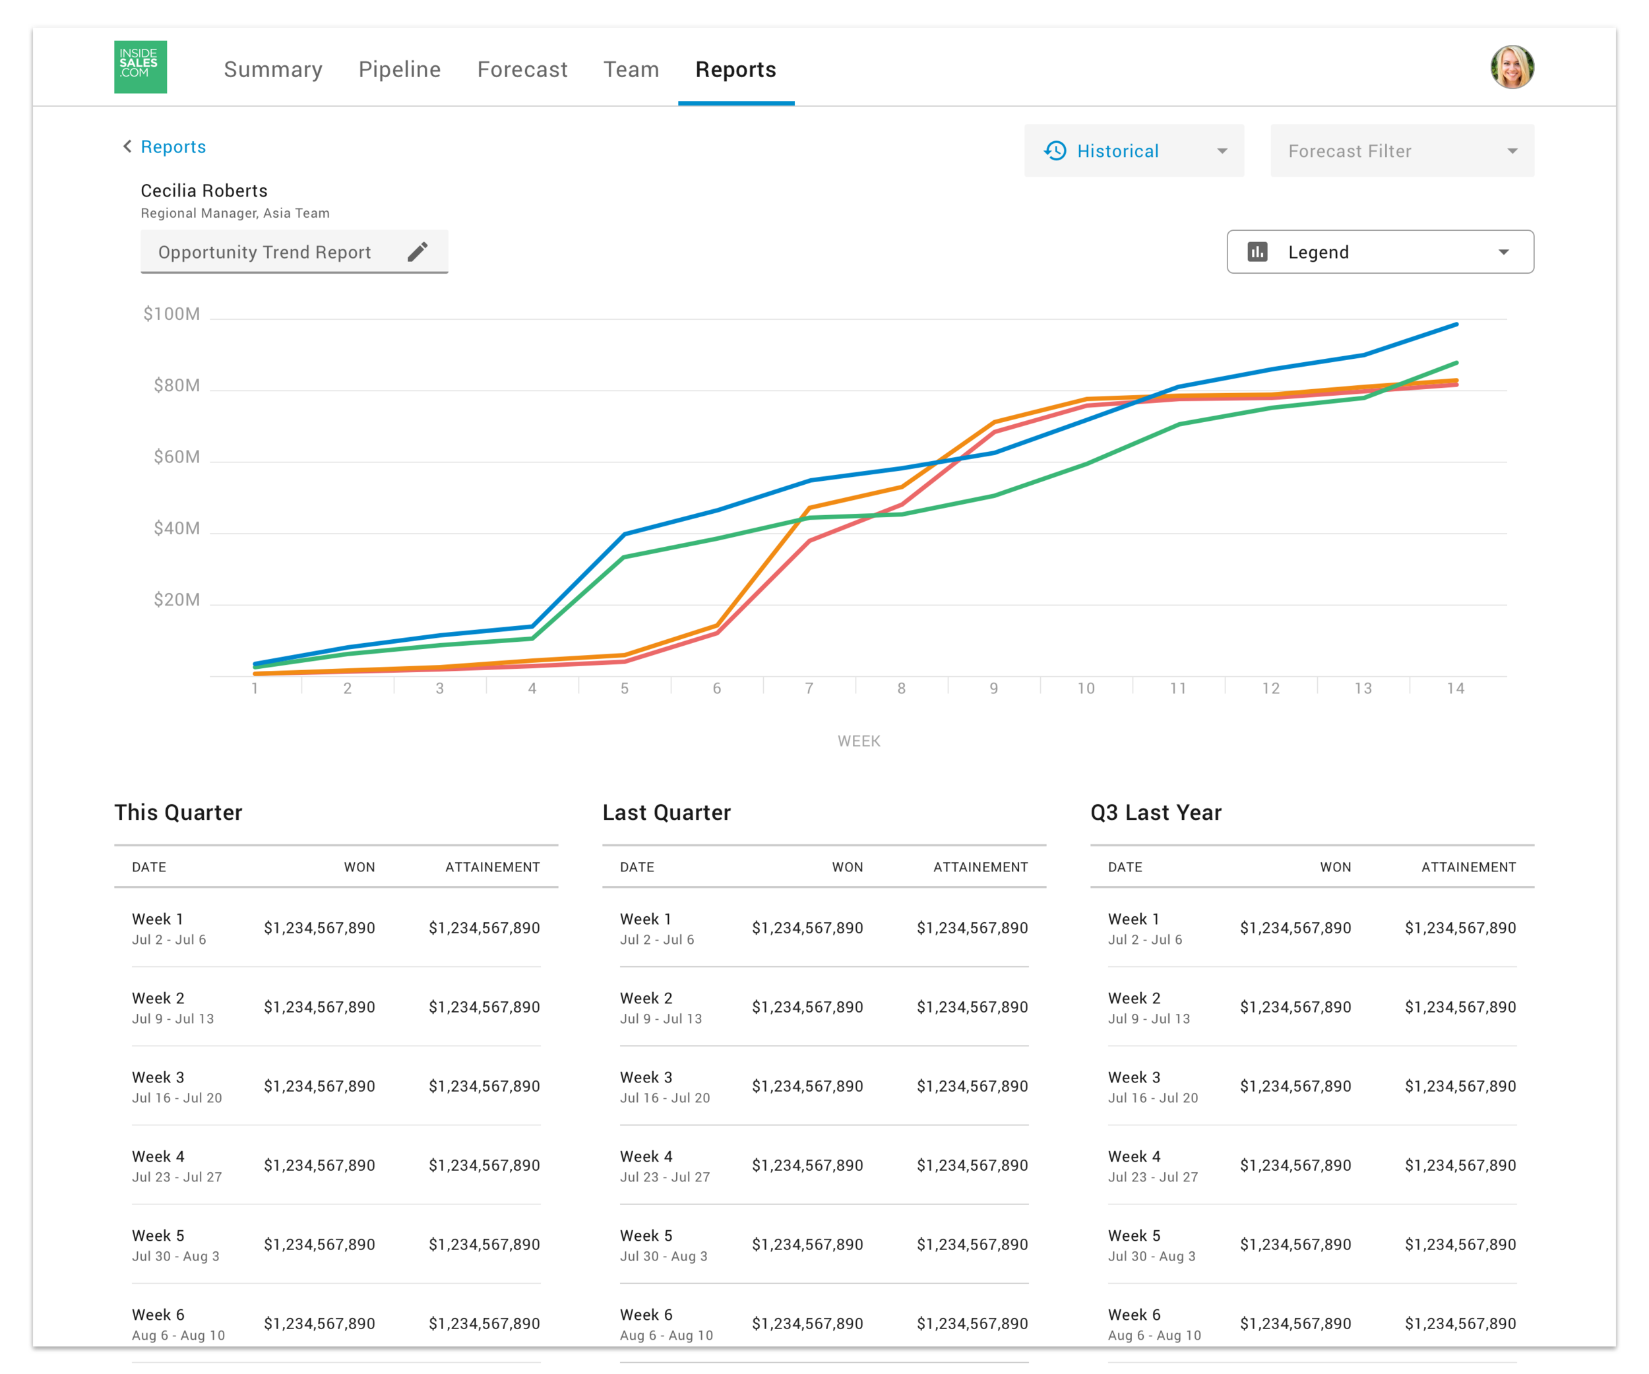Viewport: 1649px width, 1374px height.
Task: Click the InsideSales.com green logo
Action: coord(140,67)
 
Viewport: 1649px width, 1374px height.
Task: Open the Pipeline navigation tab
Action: coord(399,70)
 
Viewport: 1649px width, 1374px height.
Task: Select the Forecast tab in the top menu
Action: coord(522,70)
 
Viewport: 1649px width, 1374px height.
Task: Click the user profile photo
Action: coord(1512,67)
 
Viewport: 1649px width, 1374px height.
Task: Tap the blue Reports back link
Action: coord(173,147)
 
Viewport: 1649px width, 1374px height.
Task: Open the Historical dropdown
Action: coord(1134,151)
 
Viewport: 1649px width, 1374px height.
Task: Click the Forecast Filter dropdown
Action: coord(1402,151)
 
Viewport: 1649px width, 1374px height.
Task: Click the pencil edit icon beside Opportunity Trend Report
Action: coord(418,251)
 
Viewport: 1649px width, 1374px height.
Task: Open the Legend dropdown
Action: coord(1380,252)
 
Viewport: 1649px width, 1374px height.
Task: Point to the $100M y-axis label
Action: coord(171,314)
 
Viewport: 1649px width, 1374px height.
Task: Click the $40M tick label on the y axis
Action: coord(177,528)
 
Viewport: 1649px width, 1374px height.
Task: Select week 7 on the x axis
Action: coord(809,689)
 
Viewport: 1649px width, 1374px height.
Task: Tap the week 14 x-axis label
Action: coord(1455,689)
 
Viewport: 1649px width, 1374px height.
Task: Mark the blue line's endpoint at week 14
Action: coord(1456,325)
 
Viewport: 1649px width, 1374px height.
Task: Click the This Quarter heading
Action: coord(178,813)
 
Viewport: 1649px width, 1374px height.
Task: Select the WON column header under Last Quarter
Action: coord(848,867)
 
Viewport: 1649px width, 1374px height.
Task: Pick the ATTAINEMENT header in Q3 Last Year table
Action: coord(1468,867)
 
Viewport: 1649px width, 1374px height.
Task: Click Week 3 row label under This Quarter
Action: coord(158,1077)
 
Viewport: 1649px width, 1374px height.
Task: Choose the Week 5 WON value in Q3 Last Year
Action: coord(1295,1245)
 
